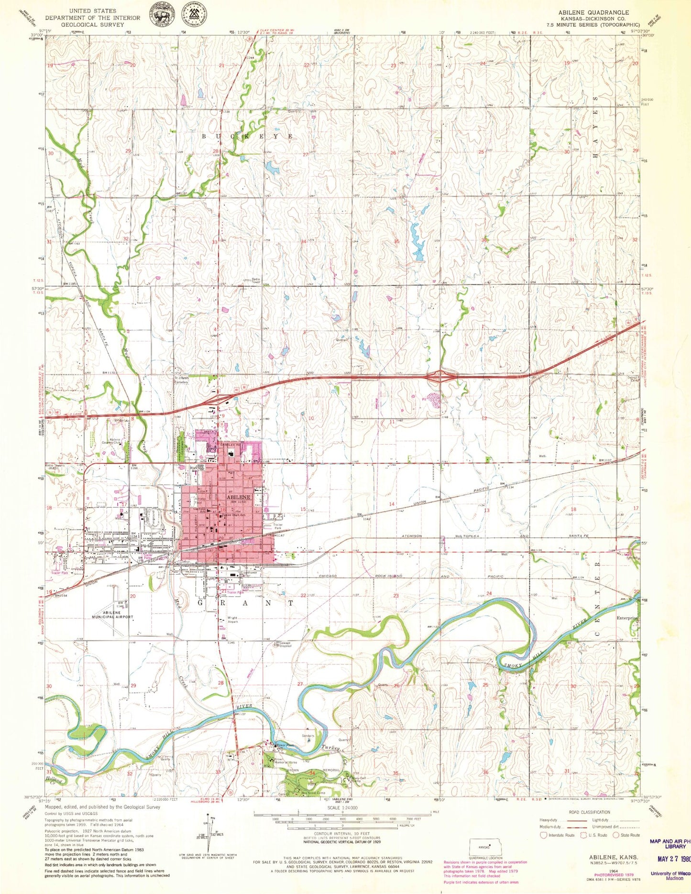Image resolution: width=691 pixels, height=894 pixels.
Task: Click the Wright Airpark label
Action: [x=233, y=620]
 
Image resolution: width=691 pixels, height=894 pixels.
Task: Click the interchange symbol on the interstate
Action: [x=442, y=376]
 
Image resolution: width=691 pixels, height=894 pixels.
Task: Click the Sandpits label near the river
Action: [x=308, y=736]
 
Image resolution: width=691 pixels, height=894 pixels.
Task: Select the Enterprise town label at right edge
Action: [x=626, y=618]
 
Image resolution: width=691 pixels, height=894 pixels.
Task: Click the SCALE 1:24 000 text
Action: [x=341, y=807]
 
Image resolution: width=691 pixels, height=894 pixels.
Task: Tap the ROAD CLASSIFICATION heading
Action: [x=589, y=812]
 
